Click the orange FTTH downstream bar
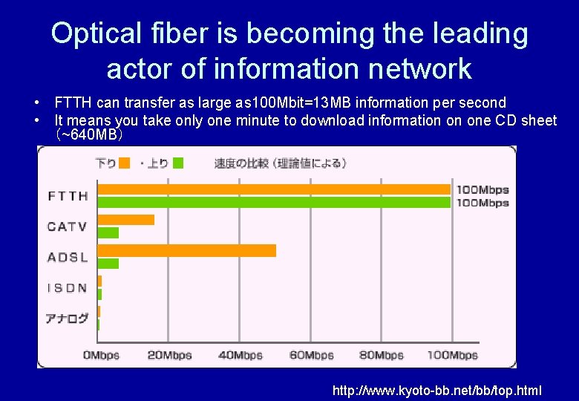(274, 189)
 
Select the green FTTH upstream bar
(274, 202)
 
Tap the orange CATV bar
(126, 220)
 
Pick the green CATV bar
(108, 232)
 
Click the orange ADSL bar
(186, 250)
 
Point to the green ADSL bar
(108, 263)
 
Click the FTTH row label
(68, 196)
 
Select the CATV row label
(68, 226)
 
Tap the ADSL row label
(68, 257)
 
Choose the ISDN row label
(68, 287)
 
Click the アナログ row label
(68, 319)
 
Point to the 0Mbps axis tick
(101, 355)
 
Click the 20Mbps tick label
(169, 355)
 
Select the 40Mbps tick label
(241, 355)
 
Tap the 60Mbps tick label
(311, 355)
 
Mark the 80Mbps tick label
(382, 355)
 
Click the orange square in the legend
(125, 163)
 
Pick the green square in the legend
(178, 163)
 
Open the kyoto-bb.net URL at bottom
(436, 390)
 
